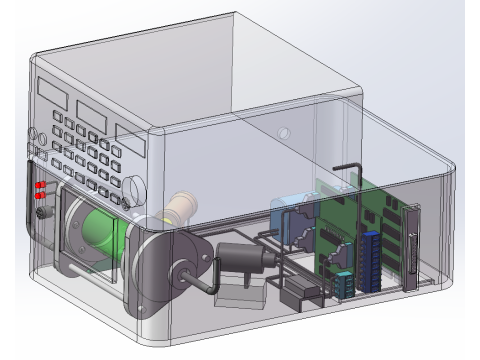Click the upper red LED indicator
coord(41,186)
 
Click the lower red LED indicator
coord(41,196)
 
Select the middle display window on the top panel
coord(92,110)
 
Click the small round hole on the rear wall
coord(284,132)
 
